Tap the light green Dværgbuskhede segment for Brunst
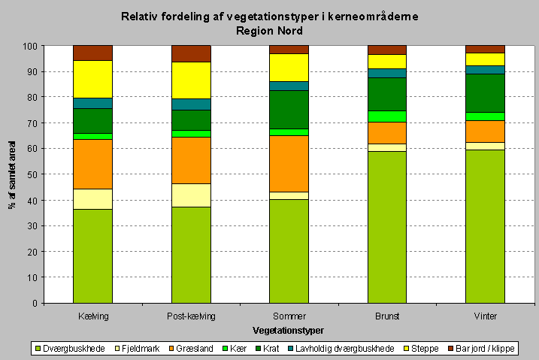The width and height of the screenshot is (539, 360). coord(387,227)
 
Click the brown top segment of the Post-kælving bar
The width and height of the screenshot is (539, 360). coord(191,53)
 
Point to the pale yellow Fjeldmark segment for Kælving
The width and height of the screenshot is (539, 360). coord(92,199)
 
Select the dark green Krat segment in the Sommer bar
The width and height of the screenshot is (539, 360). coord(289,110)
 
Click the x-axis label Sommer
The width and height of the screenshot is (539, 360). coord(289,317)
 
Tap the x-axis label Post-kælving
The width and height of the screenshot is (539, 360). coord(191,317)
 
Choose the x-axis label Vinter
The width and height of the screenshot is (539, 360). coord(485,317)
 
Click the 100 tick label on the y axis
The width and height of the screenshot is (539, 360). coord(30,47)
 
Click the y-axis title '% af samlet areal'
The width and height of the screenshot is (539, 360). coord(13,174)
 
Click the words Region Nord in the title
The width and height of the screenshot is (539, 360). coord(269,31)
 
